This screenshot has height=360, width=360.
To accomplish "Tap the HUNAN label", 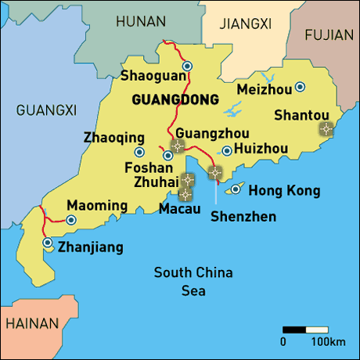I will point(140,23).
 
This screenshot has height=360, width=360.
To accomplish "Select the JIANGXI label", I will point(245,24).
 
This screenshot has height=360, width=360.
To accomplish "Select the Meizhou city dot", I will point(300,87).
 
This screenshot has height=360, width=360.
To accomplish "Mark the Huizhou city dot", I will point(227,151).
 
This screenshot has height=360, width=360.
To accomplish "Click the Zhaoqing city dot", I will point(139,152).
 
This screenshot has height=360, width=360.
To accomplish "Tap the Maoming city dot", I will point(71,221).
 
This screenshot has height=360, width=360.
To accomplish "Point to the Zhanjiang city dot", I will point(49,244).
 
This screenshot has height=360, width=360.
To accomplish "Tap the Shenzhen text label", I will point(243,215).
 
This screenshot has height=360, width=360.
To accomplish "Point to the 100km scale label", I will point(328,342).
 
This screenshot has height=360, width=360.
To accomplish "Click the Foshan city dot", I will point(168,155).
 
